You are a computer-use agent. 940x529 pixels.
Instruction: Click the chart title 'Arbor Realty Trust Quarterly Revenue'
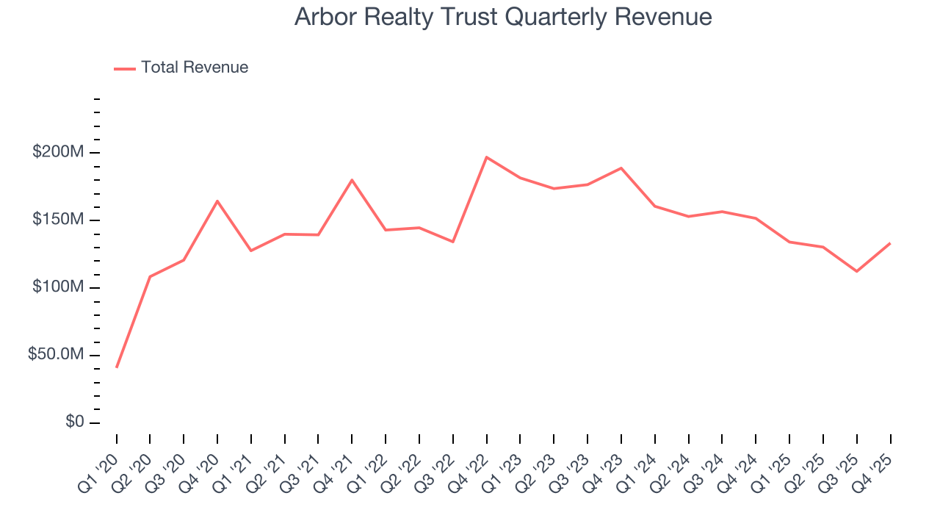[503, 17]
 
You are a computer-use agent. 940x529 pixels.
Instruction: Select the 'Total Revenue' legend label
[195, 68]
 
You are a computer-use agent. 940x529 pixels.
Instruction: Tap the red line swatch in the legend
[125, 68]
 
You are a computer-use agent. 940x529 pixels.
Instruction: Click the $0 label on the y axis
[75, 422]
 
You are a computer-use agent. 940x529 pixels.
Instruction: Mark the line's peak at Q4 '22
[487, 157]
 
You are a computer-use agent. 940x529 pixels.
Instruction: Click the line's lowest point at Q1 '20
[117, 367]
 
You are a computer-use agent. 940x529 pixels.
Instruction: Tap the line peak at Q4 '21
[352, 180]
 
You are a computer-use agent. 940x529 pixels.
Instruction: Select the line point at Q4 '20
[217, 201]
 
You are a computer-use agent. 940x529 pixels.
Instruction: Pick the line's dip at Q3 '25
[856, 271]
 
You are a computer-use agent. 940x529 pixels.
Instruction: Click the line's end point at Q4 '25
[890, 243]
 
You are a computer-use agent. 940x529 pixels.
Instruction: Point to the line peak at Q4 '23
[621, 168]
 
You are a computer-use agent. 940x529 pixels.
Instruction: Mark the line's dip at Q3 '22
[453, 242]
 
